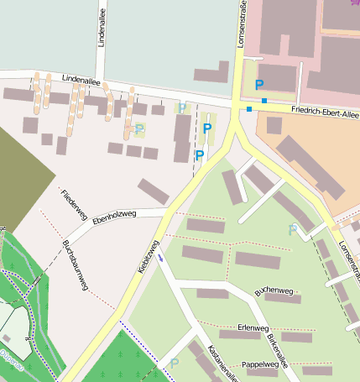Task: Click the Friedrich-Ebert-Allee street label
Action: point(325,111)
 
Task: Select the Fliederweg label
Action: point(75,206)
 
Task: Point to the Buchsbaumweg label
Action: point(75,265)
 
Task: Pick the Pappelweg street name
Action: point(259,365)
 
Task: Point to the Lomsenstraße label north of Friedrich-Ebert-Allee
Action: point(243,27)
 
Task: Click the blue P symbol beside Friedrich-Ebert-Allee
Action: point(259,85)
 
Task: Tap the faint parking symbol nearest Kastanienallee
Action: point(174,363)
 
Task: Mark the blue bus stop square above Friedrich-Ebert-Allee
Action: point(264,102)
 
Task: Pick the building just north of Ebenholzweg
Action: point(154,191)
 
